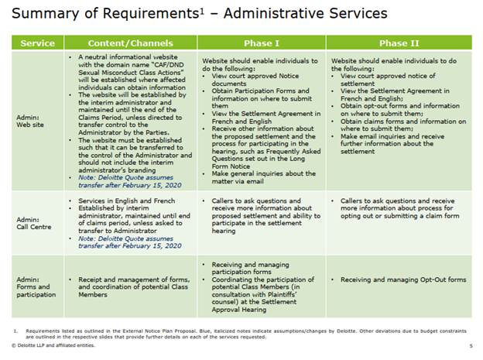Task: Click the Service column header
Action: coord(37,43)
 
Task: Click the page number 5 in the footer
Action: coord(471,345)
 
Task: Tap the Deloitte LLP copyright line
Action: coord(54,345)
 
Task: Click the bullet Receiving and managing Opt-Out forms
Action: coord(403,279)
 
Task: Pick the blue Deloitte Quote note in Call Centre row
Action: coord(128,242)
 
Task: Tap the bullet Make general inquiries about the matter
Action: coord(263,177)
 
